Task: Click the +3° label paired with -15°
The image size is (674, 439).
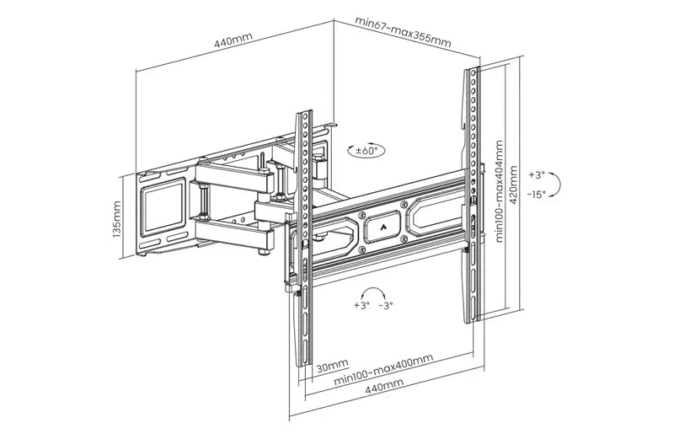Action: [x=537, y=175]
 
